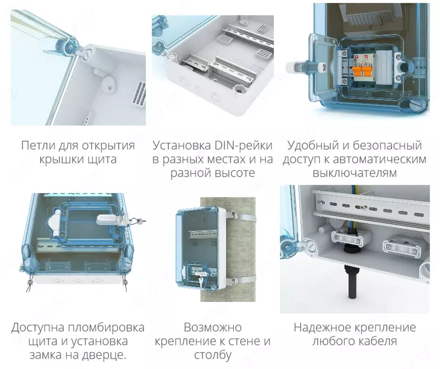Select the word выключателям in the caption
coord(354,173)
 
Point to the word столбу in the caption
coord(212,355)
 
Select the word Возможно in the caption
coord(212,327)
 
